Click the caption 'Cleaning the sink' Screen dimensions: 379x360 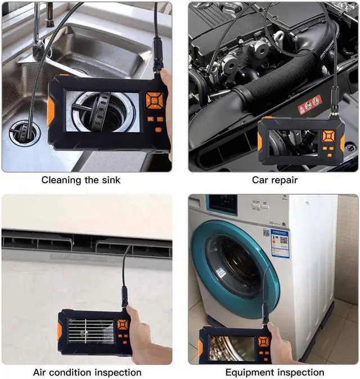(80, 180)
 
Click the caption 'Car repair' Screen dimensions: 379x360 (274, 180)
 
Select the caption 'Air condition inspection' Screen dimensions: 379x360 (87, 372)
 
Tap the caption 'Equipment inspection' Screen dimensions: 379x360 (274, 372)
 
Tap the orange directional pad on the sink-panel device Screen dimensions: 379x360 (152, 100)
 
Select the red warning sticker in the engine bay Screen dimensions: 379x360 (309, 104)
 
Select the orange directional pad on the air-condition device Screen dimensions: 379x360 (122, 326)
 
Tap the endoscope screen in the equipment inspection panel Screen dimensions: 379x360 (232, 349)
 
